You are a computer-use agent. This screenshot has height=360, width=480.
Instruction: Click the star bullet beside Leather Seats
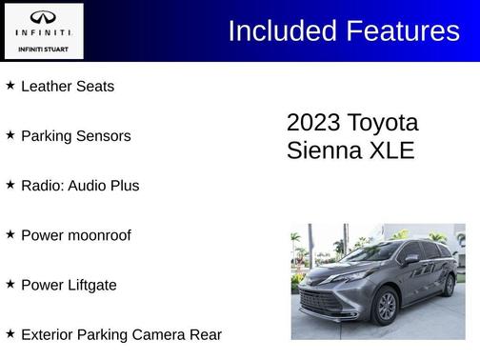[x=10, y=85]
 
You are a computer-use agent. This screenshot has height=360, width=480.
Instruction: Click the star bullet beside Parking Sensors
[x=10, y=134]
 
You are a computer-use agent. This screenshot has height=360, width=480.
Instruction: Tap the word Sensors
[x=105, y=136]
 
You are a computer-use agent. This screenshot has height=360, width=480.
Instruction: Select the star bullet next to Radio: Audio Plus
[x=10, y=184]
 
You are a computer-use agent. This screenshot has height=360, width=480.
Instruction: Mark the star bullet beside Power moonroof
[x=10, y=233]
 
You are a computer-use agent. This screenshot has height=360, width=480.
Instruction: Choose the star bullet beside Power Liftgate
[x=10, y=283]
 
